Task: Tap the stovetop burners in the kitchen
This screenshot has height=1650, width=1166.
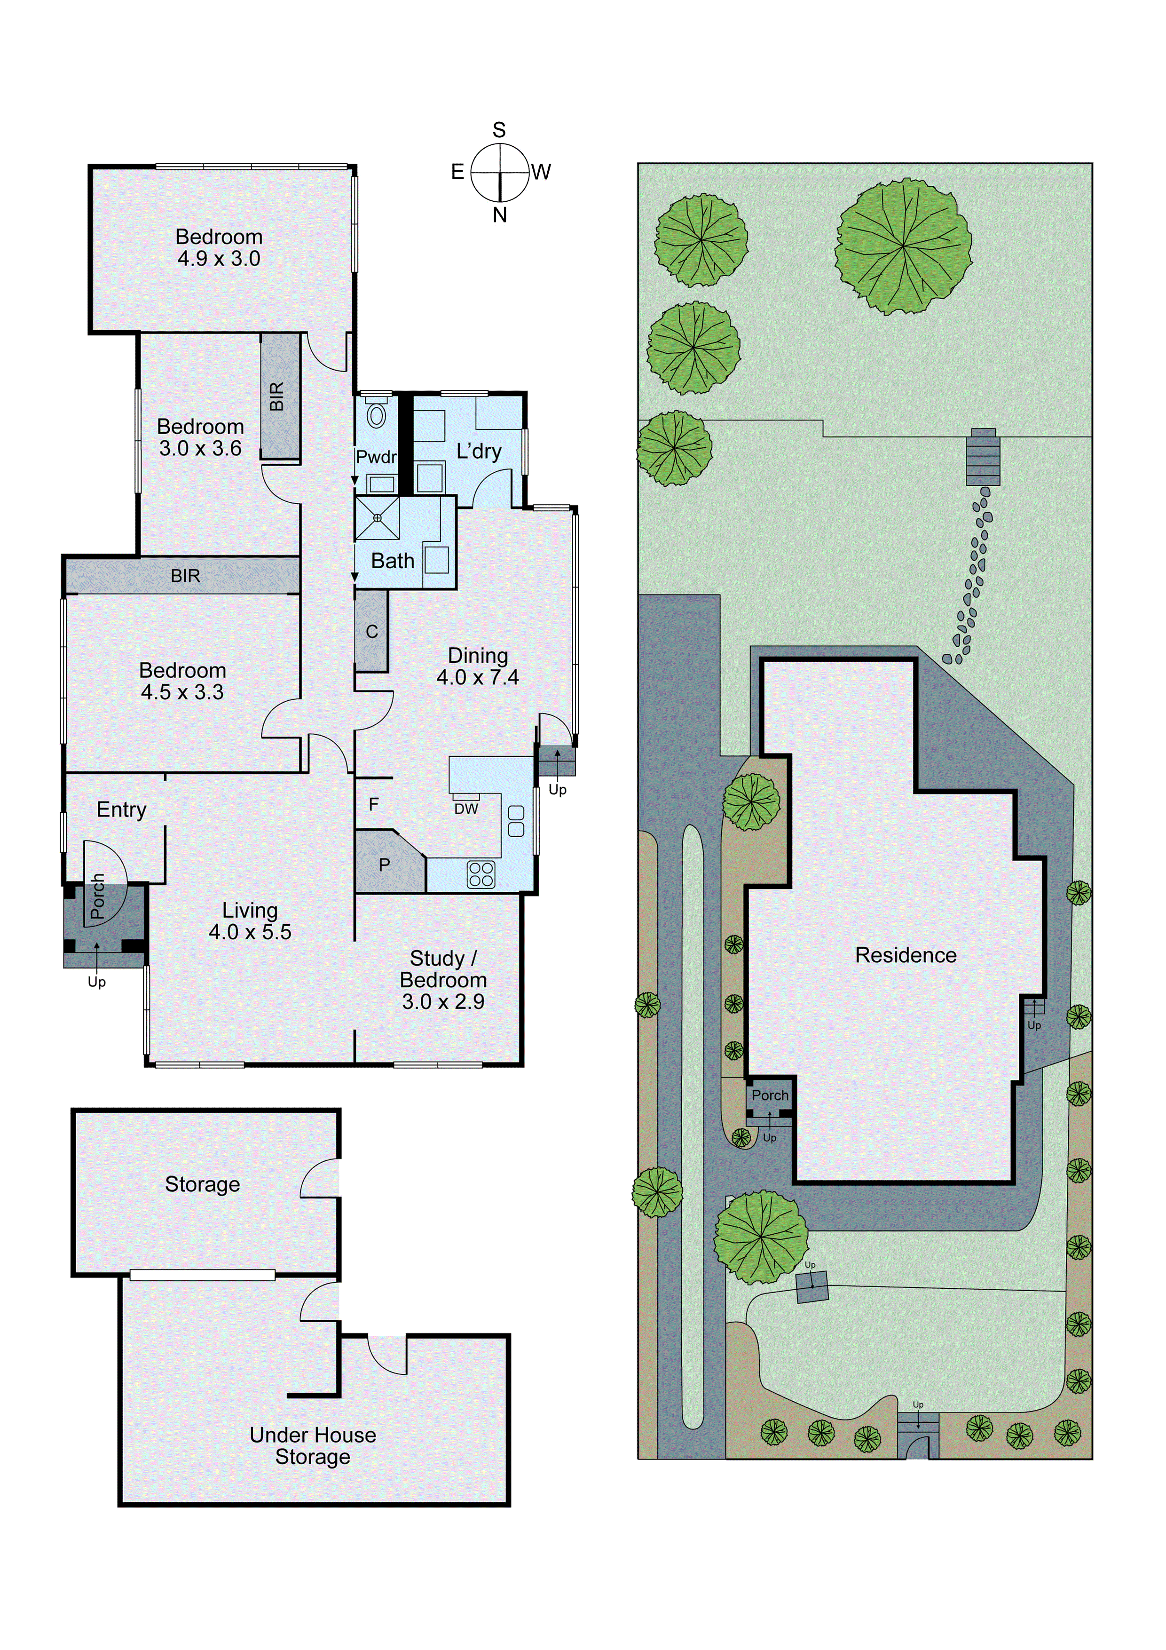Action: tap(481, 874)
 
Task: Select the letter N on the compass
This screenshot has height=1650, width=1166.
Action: tap(500, 215)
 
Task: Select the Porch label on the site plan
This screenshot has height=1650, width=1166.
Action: tap(770, 1095)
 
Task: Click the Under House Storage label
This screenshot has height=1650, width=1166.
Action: tap(313, 1445)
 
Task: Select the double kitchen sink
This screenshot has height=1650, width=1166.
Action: tap(516, 821)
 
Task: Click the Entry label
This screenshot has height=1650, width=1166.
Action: tap(121, 810)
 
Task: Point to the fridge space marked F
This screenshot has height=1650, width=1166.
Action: tap(374, 804)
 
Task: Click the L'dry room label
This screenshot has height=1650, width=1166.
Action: tap(479, 452)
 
